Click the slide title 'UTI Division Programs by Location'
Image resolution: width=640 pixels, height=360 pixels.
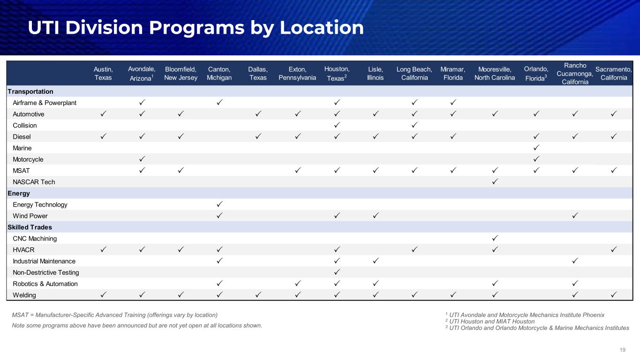[196, 28]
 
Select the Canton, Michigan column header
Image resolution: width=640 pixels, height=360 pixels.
[219, 73]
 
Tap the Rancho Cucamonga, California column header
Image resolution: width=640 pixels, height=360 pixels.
[575, 73]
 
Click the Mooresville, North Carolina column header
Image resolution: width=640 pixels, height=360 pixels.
[495, 73]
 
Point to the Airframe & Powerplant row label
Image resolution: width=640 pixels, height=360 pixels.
[45, 103]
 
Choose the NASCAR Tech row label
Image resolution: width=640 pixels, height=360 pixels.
[34, 182]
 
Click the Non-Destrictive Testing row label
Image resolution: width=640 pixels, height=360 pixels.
[46, 272]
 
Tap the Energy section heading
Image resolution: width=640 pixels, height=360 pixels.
[19, 193]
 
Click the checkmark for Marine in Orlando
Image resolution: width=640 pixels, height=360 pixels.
[536, 148]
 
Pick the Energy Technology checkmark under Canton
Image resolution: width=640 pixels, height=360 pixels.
[219, 204]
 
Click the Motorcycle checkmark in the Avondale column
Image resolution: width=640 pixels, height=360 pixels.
[142, 159]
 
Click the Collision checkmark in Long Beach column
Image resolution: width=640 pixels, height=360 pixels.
[414, 125]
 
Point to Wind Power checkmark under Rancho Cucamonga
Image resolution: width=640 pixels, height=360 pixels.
[575, 216]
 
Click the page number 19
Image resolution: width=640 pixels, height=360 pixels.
[623, 350]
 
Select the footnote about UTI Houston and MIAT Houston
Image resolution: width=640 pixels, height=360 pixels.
[489, 322]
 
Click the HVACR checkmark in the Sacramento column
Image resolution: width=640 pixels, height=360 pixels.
[614, 250]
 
